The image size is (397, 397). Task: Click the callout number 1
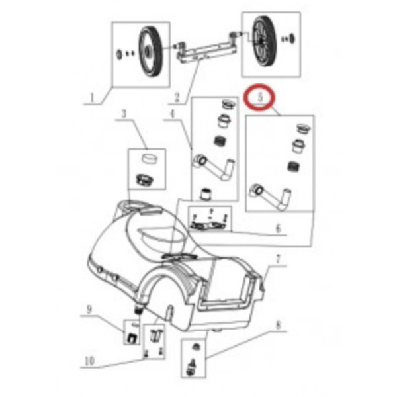coord(92,97)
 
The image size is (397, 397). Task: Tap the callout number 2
coord(177,97)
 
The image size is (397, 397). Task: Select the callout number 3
coord(124,114)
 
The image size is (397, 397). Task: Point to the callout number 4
coord(173,114)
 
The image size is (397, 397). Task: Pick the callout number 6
coord(279,228)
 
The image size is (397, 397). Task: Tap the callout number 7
coord(279,259)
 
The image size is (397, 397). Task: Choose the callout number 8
coord(279,325)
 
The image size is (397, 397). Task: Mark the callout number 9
coord(89,309)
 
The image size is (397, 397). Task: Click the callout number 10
coord(89,361)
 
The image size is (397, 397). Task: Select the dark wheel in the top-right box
coord(265,42)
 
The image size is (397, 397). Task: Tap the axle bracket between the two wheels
coord(206,50)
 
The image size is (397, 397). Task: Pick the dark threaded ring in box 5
coord(294,166)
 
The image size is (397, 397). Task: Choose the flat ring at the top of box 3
coord(149,159)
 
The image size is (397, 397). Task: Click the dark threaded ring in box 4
coord(220,140)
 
